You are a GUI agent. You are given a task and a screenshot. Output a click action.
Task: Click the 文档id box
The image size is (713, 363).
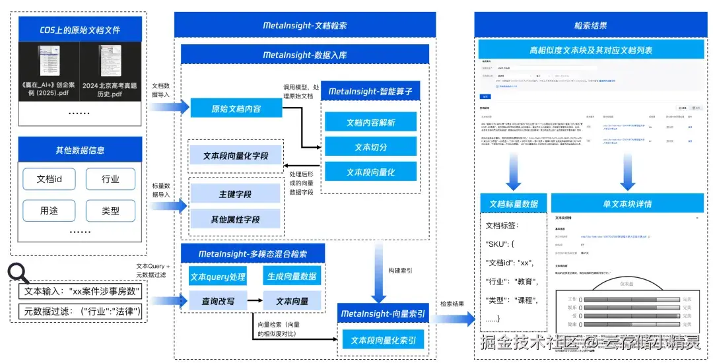50,179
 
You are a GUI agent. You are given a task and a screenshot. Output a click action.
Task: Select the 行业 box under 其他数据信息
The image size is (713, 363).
110,179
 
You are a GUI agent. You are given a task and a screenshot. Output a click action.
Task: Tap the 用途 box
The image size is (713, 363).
50,211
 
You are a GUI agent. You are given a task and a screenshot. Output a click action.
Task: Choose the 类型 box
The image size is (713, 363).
110,211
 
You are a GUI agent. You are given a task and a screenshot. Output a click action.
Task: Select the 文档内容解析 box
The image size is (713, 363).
370,122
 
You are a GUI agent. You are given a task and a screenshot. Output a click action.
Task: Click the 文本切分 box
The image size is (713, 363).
370,147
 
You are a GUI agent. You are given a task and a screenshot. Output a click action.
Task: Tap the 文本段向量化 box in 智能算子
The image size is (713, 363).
370,172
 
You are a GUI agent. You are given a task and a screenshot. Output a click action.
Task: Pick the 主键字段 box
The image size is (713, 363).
235,195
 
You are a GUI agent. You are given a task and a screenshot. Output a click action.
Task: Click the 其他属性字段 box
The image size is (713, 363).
235,219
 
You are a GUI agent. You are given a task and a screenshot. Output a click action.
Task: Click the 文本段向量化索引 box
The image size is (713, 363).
383,340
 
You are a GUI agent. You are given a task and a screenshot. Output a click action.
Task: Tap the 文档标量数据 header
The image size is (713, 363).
513,203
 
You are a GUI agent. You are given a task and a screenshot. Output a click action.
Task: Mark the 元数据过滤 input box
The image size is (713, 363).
81,310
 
